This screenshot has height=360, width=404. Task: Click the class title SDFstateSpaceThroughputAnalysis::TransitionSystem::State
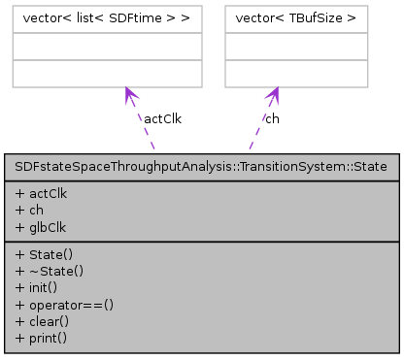click(x=202, y=166)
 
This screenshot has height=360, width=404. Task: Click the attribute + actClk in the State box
click(x=42, y=192)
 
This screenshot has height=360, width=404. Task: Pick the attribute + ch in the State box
click(x=30, y=208)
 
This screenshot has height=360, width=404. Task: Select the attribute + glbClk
click(x=42, y=223)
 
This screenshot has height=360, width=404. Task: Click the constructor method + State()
click(x=42, y=253)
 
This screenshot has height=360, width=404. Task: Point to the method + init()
click(x=37, y=284)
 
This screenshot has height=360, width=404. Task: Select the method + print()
click(x=41, y=337)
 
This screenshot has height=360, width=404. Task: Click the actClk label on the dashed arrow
click(x=162, y=119)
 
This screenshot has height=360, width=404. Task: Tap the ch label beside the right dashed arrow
click(x=272, y=119)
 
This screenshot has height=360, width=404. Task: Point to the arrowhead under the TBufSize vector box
click(x=275, y=95)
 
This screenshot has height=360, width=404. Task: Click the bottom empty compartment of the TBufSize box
click(x=297, y=73)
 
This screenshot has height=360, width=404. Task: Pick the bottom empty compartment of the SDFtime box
click(x=107, y=73)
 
